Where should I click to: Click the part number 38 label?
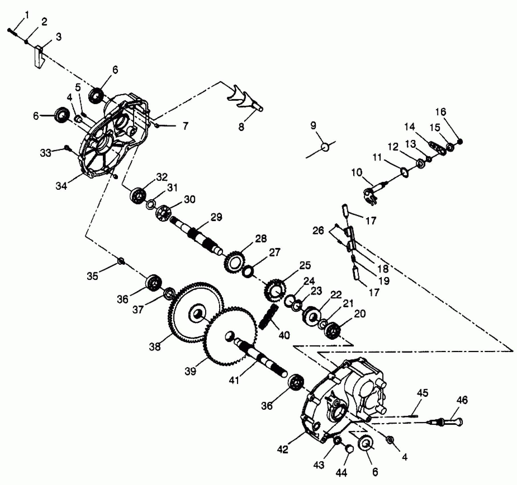(155, 347)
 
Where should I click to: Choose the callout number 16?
(441, 112)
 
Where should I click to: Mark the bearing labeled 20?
(332, 331)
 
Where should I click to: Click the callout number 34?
(61, 186)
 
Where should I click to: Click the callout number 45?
(422, 393)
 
